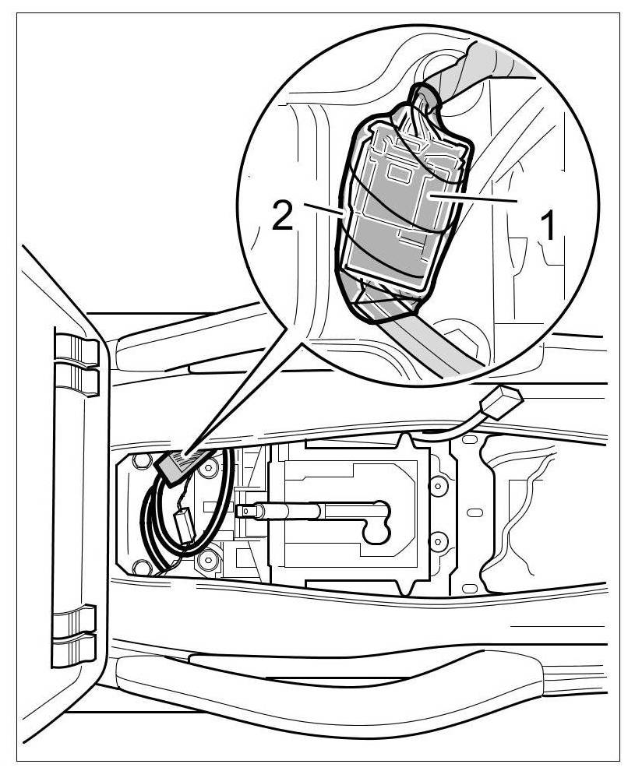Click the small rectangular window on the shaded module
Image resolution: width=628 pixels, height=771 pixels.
403,169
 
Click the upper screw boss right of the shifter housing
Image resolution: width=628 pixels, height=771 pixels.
437,486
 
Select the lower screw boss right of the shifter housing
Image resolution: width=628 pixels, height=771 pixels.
437,538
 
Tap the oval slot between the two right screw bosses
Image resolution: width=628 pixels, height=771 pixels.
472,512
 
